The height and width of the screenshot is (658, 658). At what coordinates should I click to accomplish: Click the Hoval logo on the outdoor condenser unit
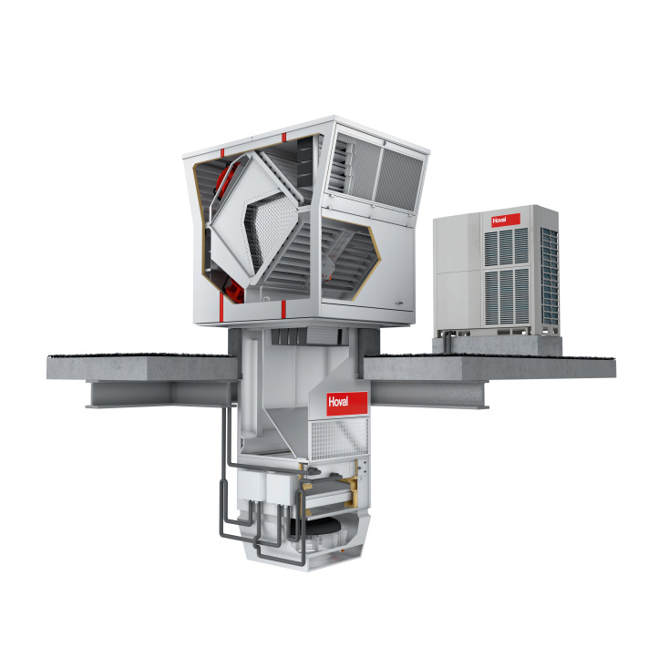506,221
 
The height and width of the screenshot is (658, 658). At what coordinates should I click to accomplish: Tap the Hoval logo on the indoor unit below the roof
347,404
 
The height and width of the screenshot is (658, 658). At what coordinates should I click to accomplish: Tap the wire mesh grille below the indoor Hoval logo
339,438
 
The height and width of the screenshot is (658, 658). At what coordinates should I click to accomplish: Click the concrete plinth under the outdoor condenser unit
498,344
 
